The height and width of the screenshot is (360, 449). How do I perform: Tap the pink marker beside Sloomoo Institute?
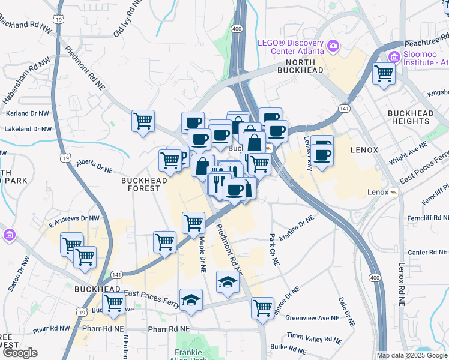[x=394, y=58]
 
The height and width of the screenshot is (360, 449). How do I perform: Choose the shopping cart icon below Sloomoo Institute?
[x=383, y=74]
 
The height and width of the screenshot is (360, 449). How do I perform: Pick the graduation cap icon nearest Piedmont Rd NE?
[x=228, y=281]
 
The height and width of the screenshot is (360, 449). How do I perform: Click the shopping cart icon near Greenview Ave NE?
[x=262, y=308]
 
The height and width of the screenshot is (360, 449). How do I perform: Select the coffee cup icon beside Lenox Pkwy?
[x=322, y=155]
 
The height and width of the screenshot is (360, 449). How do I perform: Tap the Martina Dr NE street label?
[x=297, y=229]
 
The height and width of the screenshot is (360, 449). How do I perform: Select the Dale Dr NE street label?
[x=346, y=310]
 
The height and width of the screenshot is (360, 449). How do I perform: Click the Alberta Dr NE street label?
[x=94, y=166]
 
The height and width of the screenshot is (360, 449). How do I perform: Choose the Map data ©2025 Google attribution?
[x=411, y=355]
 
